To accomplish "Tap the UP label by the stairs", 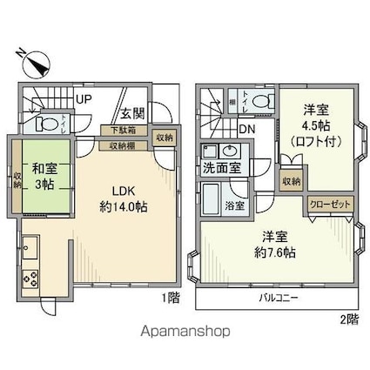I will point(84,99).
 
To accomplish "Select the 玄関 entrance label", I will point(132,113).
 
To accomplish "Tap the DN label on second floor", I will point(247,129).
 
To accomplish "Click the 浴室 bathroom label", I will point(234,205).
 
